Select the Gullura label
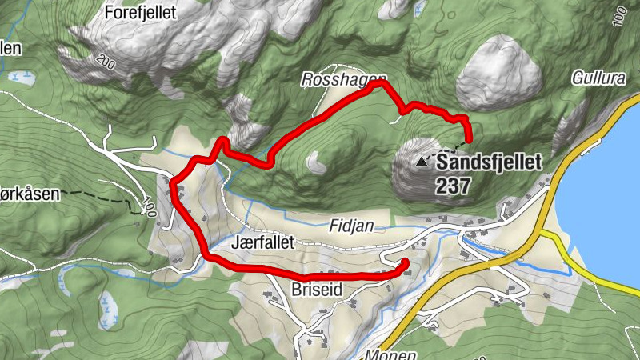(596, 78)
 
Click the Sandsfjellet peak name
(488, 162)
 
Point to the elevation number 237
(453, 186)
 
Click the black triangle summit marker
(422, 161)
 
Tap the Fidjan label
(351, 226)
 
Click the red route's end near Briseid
(404, 263)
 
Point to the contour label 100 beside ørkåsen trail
(146, 206)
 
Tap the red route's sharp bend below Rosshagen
(223, 142)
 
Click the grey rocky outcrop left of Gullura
(502, 68)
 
